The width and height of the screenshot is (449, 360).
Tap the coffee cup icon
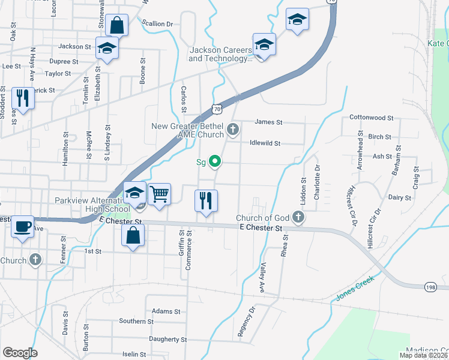pos(23,227)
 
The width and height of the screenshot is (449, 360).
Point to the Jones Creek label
pos(355,287)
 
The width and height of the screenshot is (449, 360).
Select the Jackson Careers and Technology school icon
pos(264,44)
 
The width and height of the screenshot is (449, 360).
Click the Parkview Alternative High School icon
pos(135,193)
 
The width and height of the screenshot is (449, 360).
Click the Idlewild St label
pos(265,143)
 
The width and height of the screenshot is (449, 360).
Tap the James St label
pos(268,122)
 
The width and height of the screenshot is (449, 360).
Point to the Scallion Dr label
pos(157,23)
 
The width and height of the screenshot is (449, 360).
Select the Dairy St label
pos(399,197)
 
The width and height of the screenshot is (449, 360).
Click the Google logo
pos(20,353)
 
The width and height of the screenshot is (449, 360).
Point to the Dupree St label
pos(63,62)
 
